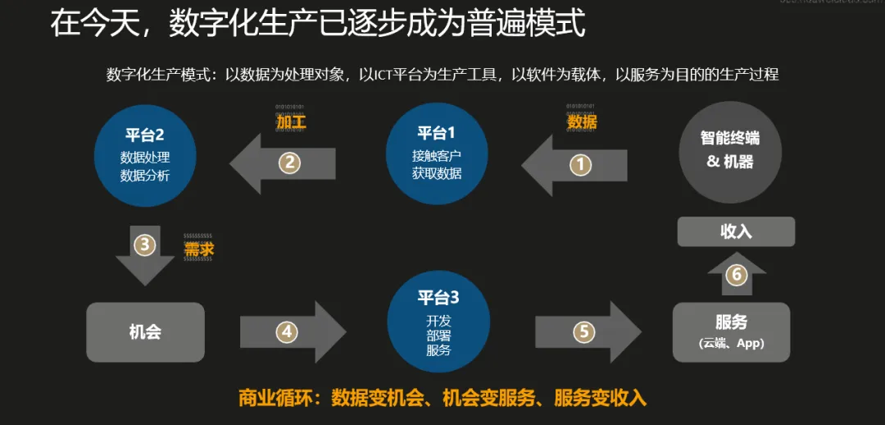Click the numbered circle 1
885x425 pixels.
pos(580,164)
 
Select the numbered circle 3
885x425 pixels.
pos(145,244)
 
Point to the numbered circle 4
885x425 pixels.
pos(286,331)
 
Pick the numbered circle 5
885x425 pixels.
pos(583,331)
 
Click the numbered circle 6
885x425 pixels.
pos(736,274)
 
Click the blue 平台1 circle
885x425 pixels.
pos(437,153)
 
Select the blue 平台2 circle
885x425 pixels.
pos(145,154)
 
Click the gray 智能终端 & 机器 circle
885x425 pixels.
pos(729,152)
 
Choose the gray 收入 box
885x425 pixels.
pos(736,231)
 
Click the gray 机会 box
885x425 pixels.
pos(145,331)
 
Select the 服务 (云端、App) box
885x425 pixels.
pos(731,331)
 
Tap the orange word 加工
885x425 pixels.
pos(291,122)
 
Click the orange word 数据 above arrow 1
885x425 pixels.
pos(582,122)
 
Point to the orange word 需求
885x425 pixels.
pos(199,249)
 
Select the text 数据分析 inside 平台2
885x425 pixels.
pos(145,175)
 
